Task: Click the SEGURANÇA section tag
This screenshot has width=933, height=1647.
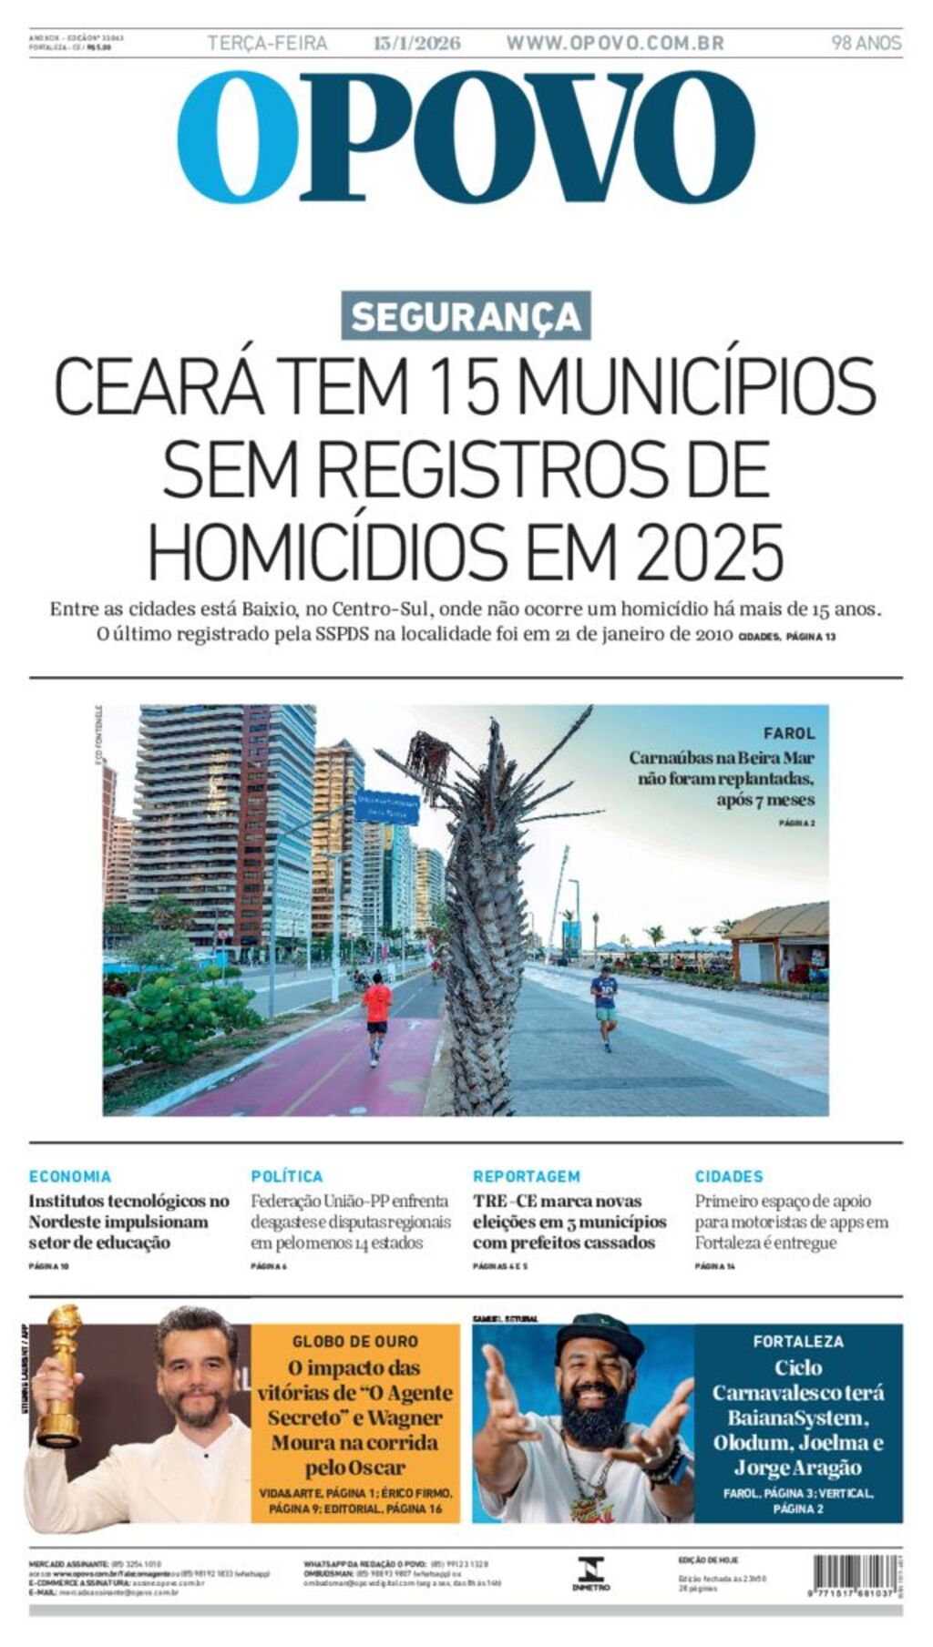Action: pyautogui.click(x=466, y=316)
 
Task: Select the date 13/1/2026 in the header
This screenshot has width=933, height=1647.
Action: pyautogui.click(x=416, y=43)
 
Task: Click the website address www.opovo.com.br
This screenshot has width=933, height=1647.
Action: pyautogui.click(x=615, y=43)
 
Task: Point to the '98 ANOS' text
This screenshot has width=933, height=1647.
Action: pyautogui.click(x=866, y=43)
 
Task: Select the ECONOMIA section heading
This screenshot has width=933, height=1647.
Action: pyautogui.click(x=70, y=1176)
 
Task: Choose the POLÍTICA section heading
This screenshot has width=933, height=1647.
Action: pyautogui.click(x=286, y=1176)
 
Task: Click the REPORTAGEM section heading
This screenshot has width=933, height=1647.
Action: pyautogui.click(x=526, y=1176)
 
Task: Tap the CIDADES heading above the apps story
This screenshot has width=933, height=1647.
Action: pyautogui.click(x=729, y=1176)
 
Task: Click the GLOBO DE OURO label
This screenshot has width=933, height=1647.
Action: pyautogui.click(x=355, y=1341)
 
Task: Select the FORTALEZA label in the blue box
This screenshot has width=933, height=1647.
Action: pyautogui.click(x=798, y=1341)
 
